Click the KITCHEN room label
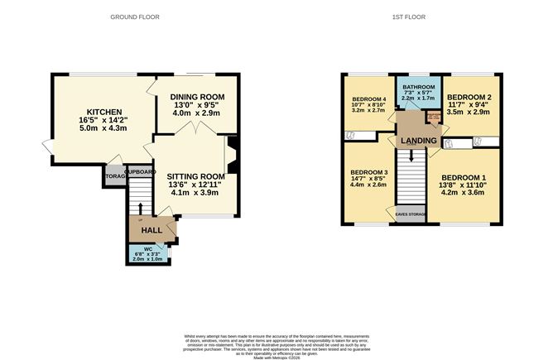coord(105,113)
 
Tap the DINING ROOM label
coord(197,97)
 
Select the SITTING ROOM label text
coord(196,176)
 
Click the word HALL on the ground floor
coord(151,230)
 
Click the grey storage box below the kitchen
coord(114,175)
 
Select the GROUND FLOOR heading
coord(136,17)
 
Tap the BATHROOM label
coord(418,86)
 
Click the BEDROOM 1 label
coord(464,178)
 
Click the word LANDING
coord(419,142)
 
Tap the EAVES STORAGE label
coord(411,214)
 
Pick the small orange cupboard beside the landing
coord(431,118)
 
